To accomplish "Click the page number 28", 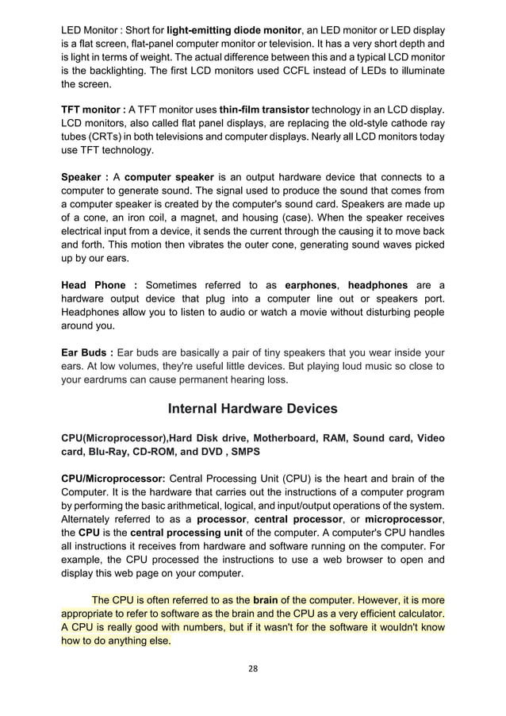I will pyautogui.click(x=253, y=668).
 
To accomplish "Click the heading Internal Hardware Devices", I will pyautogui.click(x=253, y=409).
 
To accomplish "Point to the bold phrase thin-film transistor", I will pyautogui.click(x=265, y=108).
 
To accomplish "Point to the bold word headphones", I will pyautogui.click(x=378, y=285).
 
